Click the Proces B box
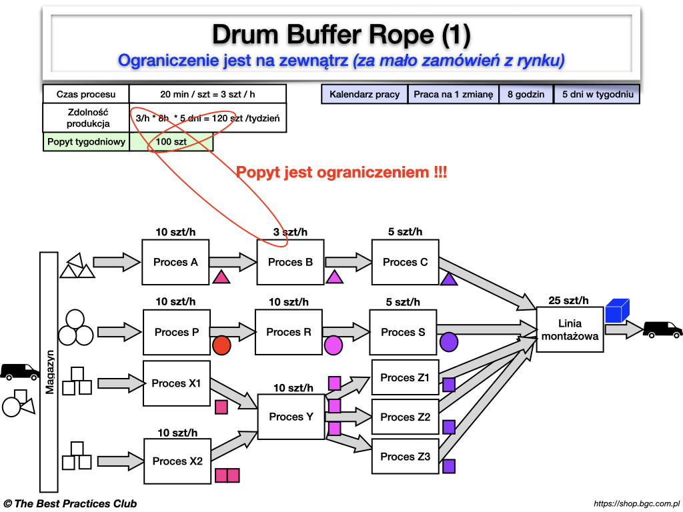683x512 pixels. pos(290,262)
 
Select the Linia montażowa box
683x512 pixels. pos(570,329)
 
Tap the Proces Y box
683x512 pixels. pos(291,417)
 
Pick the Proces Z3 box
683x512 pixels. pos(406,457)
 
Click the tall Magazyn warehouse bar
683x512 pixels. pos(50,371)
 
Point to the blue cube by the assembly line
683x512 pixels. pos(618,311)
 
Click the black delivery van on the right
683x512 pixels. pos(662,329)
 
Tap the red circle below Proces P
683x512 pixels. pos(221,345)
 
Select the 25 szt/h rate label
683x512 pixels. pos(568,301)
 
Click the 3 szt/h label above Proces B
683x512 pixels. pos(290,232)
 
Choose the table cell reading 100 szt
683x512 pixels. pos(171,141)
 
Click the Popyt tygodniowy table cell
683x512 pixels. pos(86,141)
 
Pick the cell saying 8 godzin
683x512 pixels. pos(526,94)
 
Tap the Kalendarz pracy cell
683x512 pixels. pos(364,94)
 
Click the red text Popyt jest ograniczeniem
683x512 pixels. pos(341,173)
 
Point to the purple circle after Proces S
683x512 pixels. pos(449,342)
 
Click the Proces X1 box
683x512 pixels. pos(176,383)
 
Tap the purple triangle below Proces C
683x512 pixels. pos(449,279)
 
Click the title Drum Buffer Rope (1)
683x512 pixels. pos(341,33)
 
